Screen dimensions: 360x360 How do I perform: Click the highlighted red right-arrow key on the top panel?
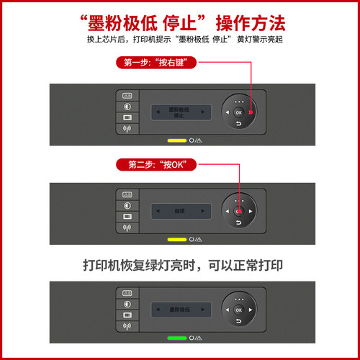point(251,113)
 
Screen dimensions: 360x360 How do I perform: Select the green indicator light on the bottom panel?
point(176,337)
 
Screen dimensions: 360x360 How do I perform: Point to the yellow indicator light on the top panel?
point(176,140)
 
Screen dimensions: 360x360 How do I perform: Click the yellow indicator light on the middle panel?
point(176,239)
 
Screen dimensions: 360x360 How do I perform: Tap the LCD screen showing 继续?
point(181,211)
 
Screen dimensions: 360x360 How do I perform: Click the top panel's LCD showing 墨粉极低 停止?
point(181,112)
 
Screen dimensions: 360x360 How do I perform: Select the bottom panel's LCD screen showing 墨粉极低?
point(181,309)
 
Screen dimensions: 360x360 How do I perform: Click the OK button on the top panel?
point(238,113)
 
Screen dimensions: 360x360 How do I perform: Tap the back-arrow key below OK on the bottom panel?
point(238,322)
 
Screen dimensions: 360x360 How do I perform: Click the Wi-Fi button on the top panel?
point(127,130)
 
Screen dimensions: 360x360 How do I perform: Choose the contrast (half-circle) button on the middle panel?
point(127,204)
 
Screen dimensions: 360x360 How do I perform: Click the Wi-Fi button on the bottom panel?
point(127,326)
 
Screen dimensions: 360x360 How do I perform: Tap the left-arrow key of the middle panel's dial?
point(226,211)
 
